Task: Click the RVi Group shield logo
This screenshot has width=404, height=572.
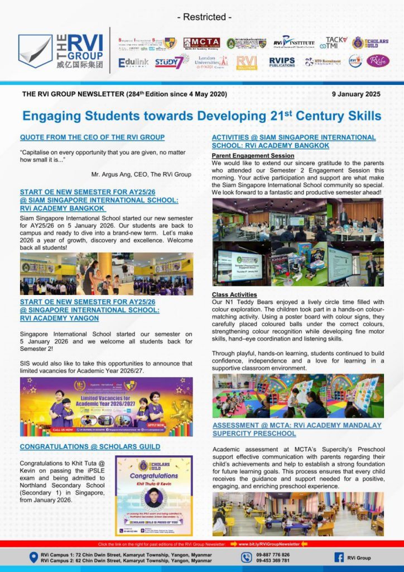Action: tap(35, 51)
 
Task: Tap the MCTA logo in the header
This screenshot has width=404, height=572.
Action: tap(201, 43)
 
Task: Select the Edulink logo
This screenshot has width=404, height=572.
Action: tap(133, 62)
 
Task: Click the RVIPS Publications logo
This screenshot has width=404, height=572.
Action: tap(282, 62)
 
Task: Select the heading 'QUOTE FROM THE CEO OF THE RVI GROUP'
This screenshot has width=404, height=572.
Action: tap(92, 137)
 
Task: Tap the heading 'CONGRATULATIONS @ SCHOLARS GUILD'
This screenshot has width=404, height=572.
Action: tap(90, 447)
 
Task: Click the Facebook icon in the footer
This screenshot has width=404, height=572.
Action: tap(339, 557)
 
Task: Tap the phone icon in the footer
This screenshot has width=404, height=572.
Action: tap(247, 557)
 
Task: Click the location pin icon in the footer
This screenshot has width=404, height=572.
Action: tap(33, 557)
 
